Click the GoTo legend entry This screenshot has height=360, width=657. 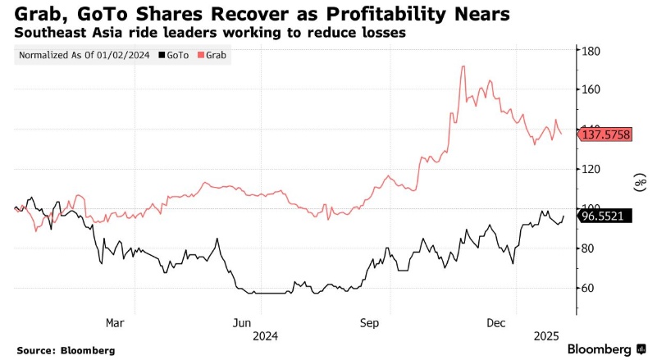point(174,56)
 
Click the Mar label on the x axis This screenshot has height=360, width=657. point(116,322)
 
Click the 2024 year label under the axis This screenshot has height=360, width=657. point(267,336)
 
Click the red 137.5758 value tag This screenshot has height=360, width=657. point(606,134)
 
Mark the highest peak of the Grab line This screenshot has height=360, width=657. point(464,66)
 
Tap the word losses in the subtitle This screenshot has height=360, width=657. point(384,34)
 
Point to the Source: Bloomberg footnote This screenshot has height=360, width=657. point(66,350)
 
